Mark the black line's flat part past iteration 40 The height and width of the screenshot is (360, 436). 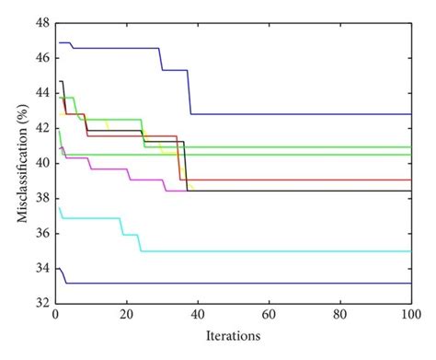pos(276,191)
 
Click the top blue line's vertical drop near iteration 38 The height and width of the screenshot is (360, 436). pos(190,92)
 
